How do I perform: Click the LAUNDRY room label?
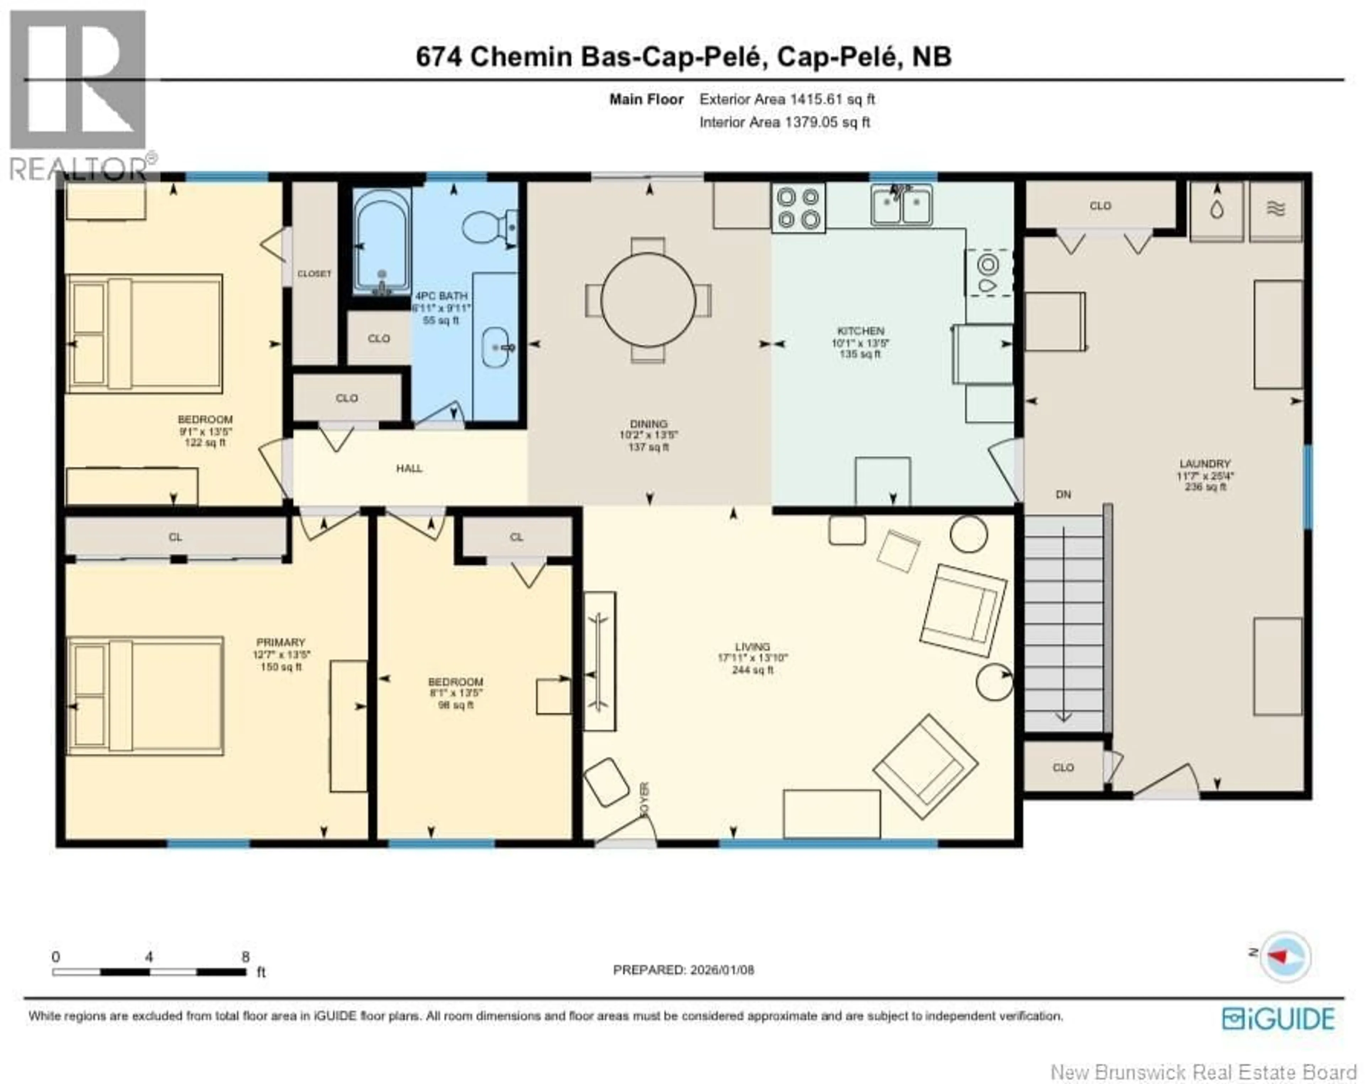[1205, 463]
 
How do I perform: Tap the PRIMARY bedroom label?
[280, 642]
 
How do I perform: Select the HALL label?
[409, 468]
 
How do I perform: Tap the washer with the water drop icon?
[1216, 211]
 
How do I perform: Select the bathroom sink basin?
[496, 347]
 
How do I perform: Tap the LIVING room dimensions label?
[752, 658]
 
